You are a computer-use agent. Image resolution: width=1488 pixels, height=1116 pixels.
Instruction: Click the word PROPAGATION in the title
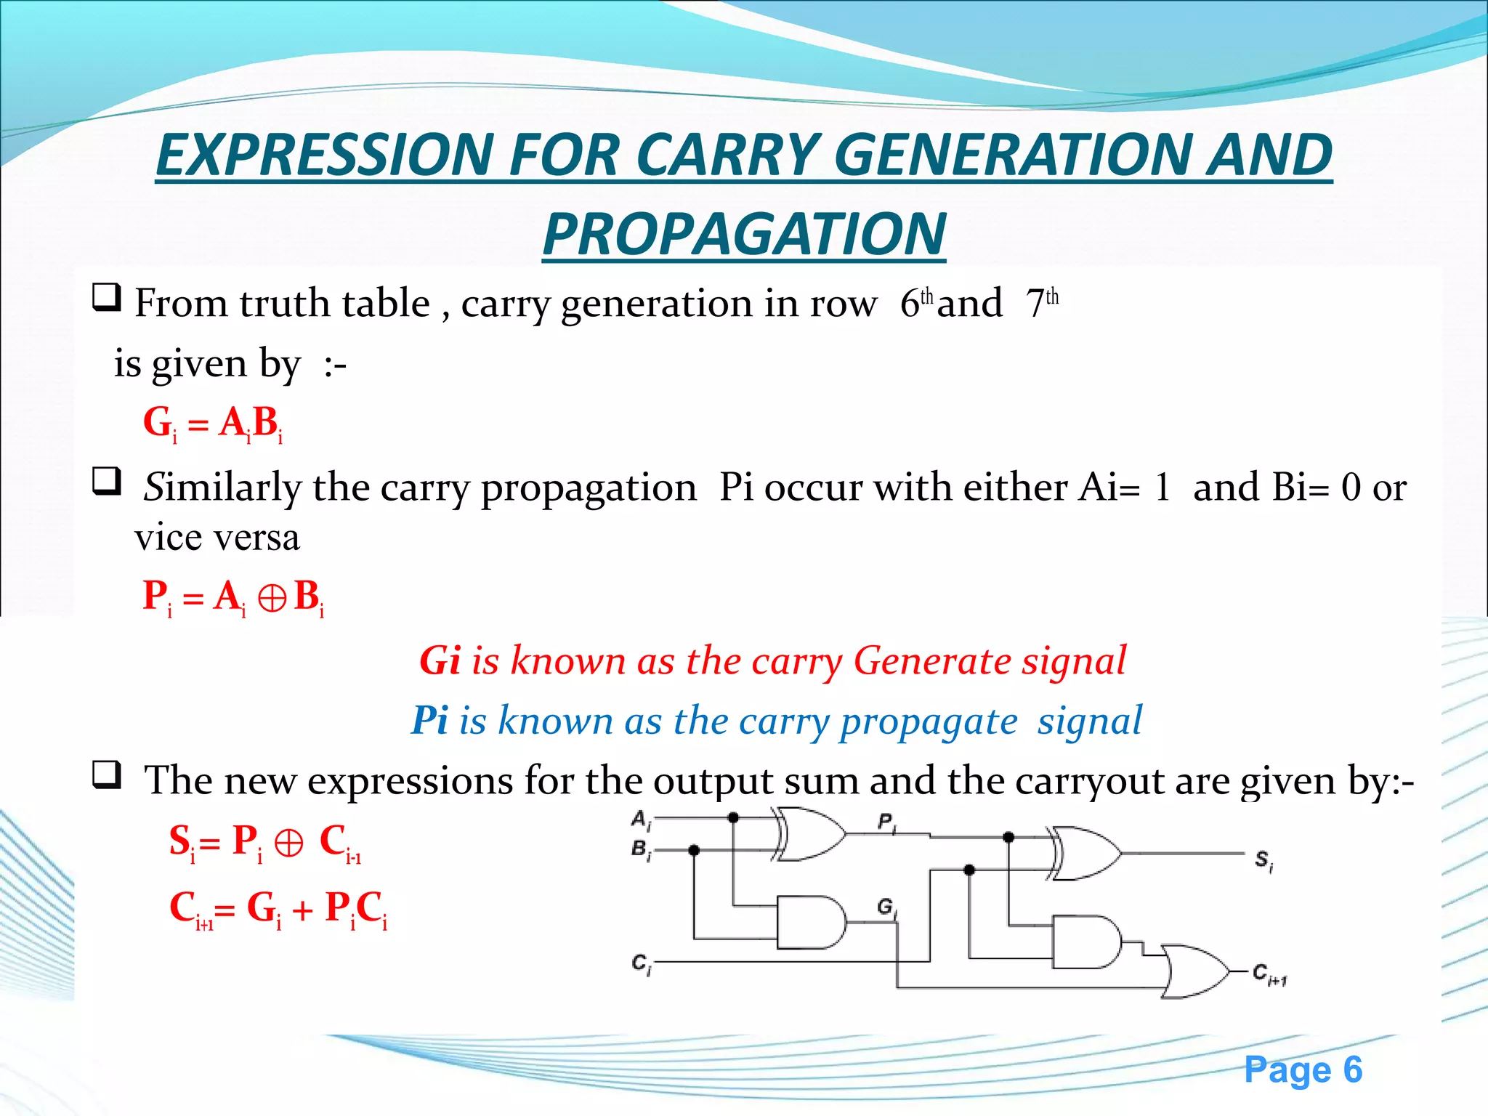(x=744, y=234)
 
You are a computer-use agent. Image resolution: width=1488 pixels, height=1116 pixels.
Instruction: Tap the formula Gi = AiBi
(x=212, y=423)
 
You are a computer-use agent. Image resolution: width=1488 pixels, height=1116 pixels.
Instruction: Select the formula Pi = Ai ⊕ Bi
(x=232, y=597)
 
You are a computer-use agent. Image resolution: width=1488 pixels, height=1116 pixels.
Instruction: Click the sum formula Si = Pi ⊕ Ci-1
(x=265, y=843)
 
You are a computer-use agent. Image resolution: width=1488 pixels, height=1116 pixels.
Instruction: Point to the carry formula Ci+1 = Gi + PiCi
(x=278, y=909)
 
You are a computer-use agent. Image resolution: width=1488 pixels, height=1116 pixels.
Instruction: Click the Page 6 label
(x=1303, y=1069)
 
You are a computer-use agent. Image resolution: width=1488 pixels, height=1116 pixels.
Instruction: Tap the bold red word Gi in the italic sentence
(x=440, y=660)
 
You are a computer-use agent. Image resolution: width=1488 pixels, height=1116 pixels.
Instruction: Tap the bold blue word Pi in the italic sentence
(x=429, y=720)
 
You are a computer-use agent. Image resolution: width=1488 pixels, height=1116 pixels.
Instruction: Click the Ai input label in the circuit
(x=640, y=820)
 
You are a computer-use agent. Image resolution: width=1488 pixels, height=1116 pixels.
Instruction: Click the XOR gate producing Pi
(x=810, y=833)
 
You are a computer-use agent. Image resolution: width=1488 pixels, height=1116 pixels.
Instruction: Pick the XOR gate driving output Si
(x=1085, y=853)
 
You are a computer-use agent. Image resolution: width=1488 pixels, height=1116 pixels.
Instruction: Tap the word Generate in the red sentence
(x=932, y=660)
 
